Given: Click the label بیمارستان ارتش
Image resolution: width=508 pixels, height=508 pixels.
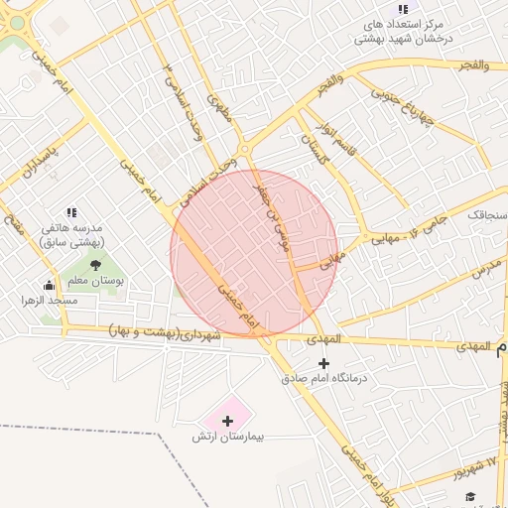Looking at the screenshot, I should pyautogui.click(x=229, y=437).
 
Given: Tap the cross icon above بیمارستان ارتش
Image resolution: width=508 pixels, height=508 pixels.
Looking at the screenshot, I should pyautogui.click(x=228, y=422).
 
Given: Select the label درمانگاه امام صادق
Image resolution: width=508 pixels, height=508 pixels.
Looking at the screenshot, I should pyautogui.click(x=324, y=378).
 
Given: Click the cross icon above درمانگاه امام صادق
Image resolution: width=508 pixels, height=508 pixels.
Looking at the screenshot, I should pyautogui.click(x=323, y=363).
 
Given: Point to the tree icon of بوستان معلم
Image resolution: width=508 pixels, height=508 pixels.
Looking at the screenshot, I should pyautogui.click(x=95, y=265).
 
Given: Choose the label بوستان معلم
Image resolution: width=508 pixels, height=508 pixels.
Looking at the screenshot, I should pyautogui.click(x=97, y=281).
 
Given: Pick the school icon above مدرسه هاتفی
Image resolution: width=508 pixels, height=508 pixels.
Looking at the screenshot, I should pyautogui.click(x=71, y=212).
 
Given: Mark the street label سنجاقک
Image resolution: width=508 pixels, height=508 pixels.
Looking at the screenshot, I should pyautogui.click(x=487, y=213).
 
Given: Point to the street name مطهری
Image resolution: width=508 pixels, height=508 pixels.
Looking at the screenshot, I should pyautogui.click(x=218, y=107).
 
